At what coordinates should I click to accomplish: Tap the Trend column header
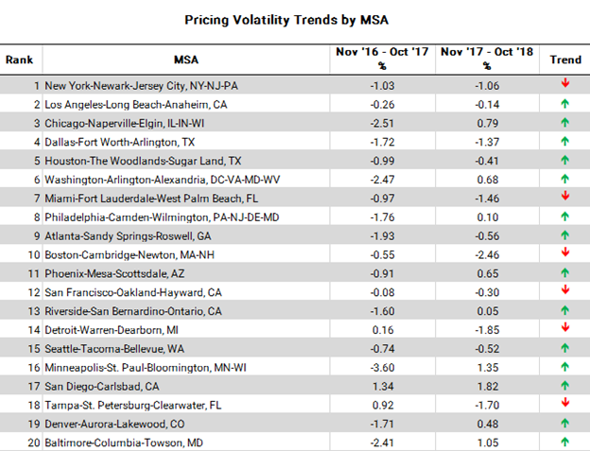[564, 60]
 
